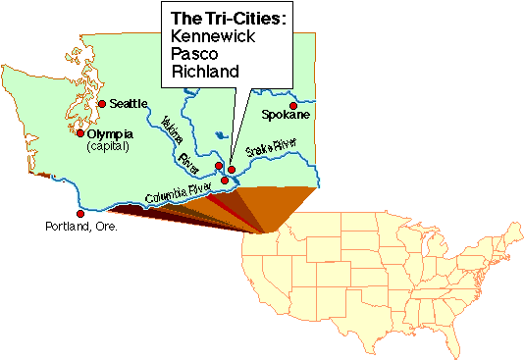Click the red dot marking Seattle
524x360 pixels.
pos(101,104)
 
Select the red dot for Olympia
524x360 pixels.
pos(80,133)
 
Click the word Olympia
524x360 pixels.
pos(110,133)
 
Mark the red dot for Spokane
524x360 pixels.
pos(292,105)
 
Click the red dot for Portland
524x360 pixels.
pos(80,213)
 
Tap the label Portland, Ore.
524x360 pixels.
pos(79,227)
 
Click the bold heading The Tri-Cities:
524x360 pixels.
pos(229,19)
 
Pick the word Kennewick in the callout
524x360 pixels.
pos(215,36)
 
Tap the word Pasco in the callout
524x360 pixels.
pos(198,54)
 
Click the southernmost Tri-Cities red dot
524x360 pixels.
pos(225,180)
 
